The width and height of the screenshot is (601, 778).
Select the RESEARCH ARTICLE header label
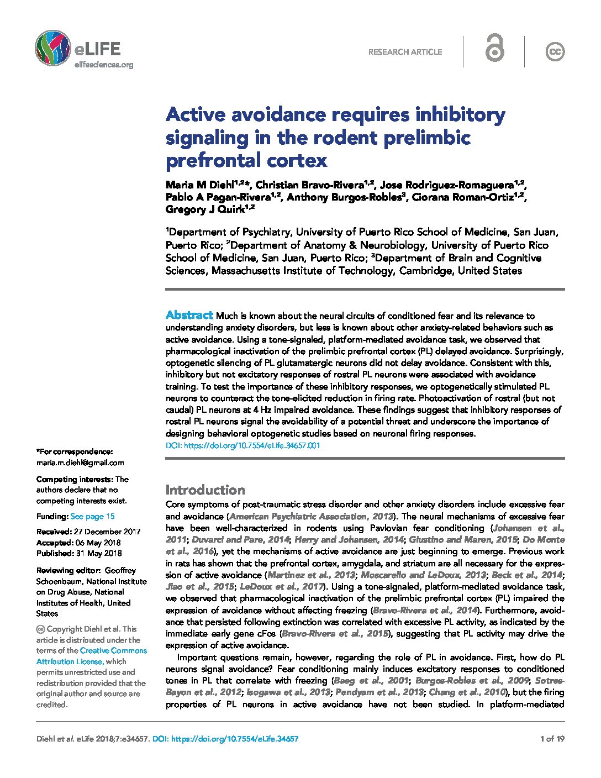[x=405, y=52]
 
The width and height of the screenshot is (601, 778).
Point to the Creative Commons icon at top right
[x=555, y=52]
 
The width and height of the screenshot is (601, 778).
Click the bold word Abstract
[x=189, y=315]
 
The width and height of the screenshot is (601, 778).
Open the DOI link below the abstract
[x=242, y=445]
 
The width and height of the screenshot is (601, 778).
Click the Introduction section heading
[x=205, y=490]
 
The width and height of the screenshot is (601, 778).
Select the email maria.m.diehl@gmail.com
[x=80, y=462]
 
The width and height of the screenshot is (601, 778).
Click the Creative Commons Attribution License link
[x=91, y=656]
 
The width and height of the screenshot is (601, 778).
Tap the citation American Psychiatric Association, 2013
[x=311, y=516]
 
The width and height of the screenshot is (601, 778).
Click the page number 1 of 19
[x=552, y=738]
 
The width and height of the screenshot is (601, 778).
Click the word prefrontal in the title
[x=207, y=160]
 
